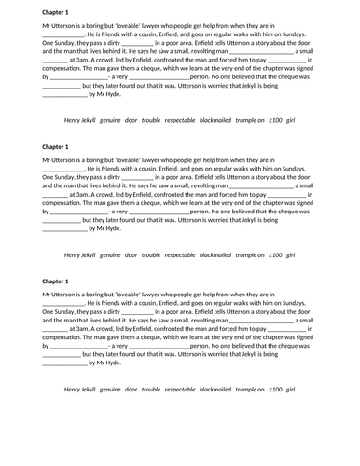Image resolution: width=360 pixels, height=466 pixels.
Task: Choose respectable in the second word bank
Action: tap(180, 254)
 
